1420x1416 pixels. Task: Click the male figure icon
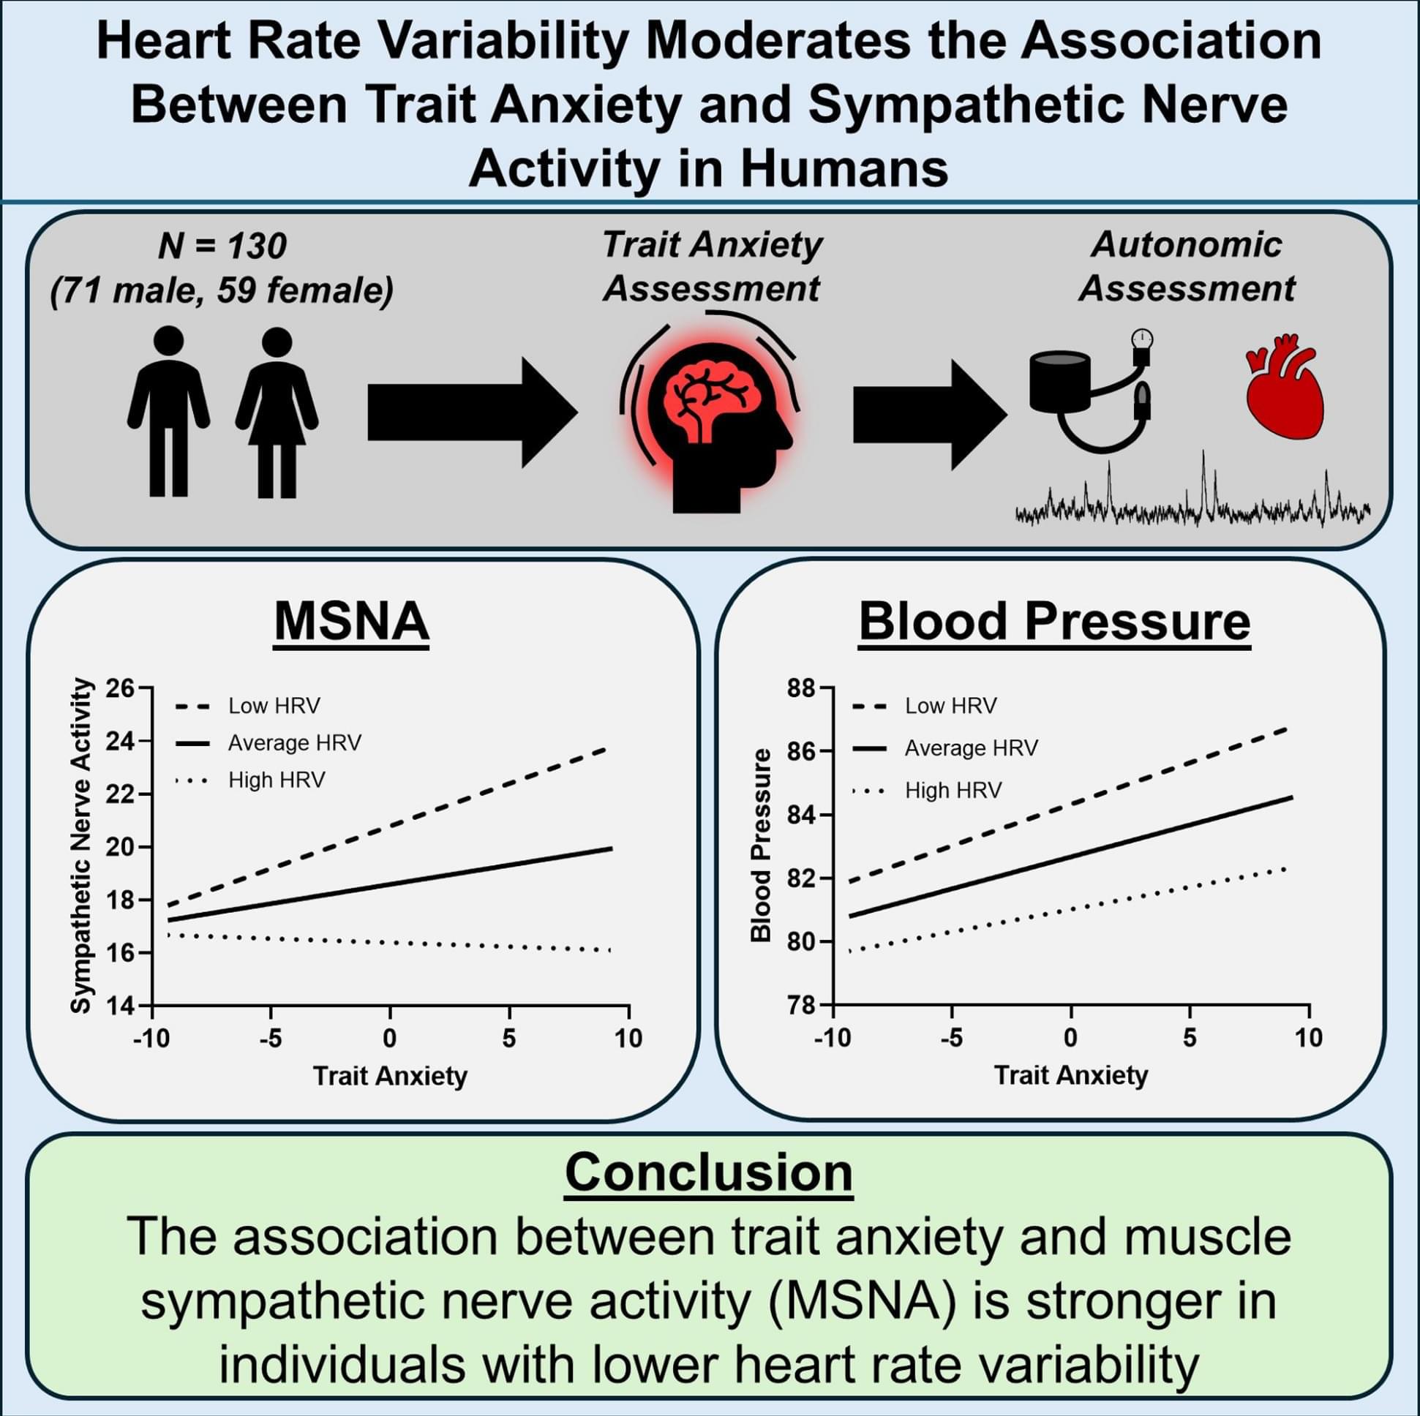(168, 412)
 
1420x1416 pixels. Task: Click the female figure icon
(277, 412)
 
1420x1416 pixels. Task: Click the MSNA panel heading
(351, 622)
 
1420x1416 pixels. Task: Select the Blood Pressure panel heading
(1054, 622)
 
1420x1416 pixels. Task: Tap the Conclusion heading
(708, 1172)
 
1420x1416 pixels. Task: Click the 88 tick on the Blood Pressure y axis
(802, 689)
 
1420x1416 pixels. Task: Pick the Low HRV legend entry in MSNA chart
(274, 706)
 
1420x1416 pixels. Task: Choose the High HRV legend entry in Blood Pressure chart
(953, 791)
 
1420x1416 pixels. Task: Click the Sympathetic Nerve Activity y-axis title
(83, 845)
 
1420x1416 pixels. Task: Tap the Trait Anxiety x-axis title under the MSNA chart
(390, 1076)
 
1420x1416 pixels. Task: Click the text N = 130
(222, 246)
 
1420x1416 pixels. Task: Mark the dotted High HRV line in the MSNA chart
(389, 943)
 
